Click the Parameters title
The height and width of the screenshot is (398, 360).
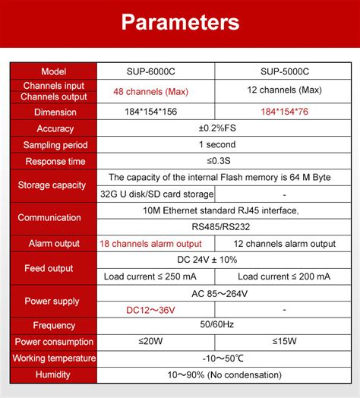point(180,22)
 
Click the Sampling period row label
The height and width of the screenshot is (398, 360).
point(55,145)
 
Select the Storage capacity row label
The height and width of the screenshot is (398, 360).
point(55,185)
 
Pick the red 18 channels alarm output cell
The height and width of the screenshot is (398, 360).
point(151,244)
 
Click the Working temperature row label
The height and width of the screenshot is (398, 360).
point(55,358)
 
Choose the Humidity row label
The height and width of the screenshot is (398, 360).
point(55,374)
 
